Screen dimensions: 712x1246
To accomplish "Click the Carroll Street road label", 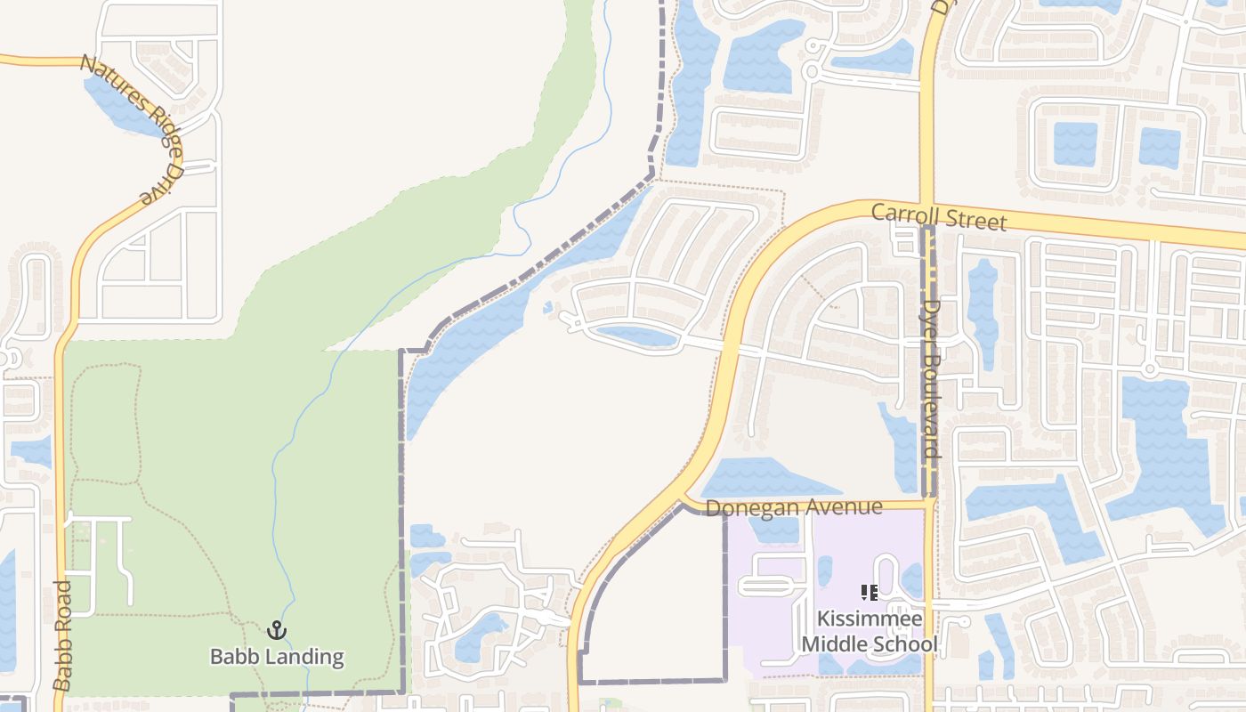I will click(x=938, y=216).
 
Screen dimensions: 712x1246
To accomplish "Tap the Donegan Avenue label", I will click(x=794, y=507).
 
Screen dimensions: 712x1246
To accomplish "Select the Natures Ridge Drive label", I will click(x=132, y=128).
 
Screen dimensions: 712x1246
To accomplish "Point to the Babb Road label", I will click(x=61, y=635).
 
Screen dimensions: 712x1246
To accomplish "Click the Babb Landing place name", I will click(x=277, y=657).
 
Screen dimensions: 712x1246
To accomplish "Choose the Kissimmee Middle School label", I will click(x=870, y=631).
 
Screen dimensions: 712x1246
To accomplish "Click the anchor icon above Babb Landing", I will click(x=277, y=630).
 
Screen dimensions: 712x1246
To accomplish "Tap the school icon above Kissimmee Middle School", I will click(x=870, y=592).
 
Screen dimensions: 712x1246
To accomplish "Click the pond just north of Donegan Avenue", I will click(x=765, y=478).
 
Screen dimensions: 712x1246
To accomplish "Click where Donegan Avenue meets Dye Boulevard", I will click(x=928, y=505).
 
